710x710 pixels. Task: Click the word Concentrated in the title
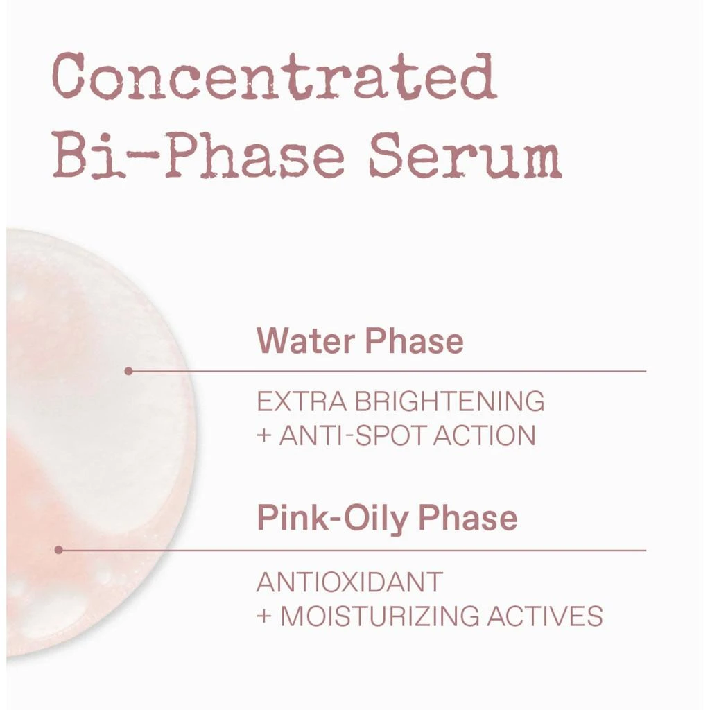[x=275, y=76]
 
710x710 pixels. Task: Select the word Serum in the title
[x=465, y=156]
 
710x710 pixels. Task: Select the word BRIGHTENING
[x=449, y=401]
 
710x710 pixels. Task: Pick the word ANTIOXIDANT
[x=349, y=582]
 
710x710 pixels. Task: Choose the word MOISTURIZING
[x=380, y=616]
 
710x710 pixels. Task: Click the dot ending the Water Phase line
[x=128, y=372]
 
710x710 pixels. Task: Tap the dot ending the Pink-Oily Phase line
[x=58, y=550]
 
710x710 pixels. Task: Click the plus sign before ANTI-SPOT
[x=264, y=435]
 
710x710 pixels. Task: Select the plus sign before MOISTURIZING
[x=264, y=616]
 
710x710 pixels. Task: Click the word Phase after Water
[x=414, y=340]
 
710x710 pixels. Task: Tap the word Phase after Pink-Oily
[x=467, y=517]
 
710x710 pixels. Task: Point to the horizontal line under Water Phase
[x=387, y=372]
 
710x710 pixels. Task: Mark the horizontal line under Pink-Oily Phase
[x=352, y=550]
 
